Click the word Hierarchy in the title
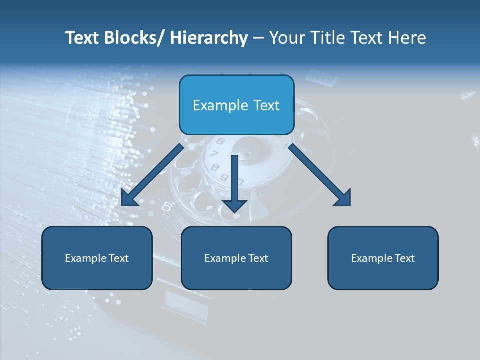tap(209, 38)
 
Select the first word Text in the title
tap(82, 38)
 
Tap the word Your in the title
tap(288, 38)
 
